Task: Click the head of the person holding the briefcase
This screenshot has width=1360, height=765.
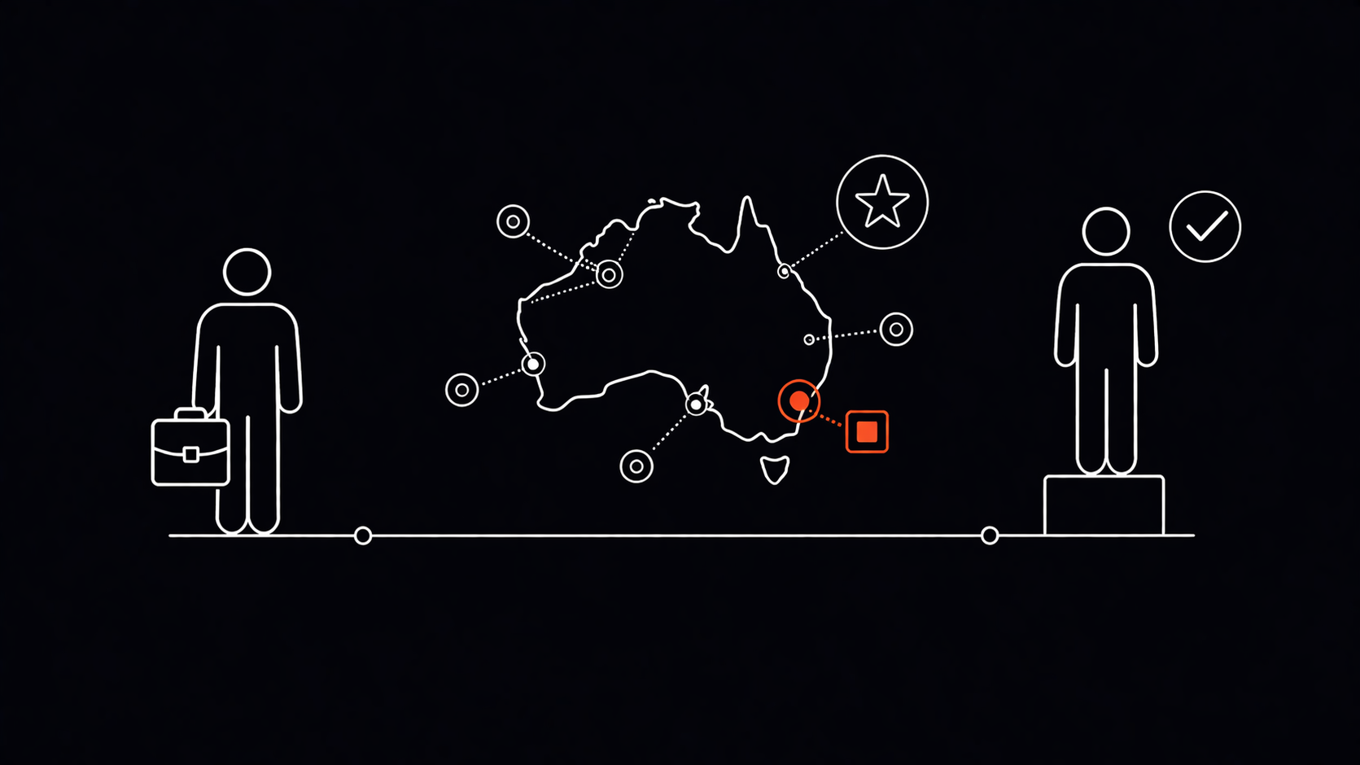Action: pos(247,272)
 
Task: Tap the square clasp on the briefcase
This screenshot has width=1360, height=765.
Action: pos(190,454)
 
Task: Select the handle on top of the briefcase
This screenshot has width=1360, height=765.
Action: pos(190,413)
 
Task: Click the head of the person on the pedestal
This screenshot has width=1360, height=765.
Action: pos(1105,231)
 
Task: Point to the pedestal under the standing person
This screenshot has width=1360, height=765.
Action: pos(1104,505)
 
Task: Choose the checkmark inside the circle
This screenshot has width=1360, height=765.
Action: pos(1205,227)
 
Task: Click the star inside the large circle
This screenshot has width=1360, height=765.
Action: pos(882,202)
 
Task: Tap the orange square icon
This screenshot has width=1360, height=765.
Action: pos(867,431)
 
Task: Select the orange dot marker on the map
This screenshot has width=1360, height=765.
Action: pos(799,400)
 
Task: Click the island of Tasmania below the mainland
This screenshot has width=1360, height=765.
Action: pos(774,470)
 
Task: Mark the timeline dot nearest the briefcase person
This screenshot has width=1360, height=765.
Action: pos(363,535)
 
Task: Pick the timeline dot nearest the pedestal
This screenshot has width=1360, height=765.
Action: pos(990,535)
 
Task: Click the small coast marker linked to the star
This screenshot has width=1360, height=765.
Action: pos(784,271)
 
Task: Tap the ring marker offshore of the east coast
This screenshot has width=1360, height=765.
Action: pos(896,330)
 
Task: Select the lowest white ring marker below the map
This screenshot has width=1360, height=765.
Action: pos(636,466)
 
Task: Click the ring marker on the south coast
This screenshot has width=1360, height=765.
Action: pos(696,404)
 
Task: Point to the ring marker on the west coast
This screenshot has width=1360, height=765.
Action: pos(533,364)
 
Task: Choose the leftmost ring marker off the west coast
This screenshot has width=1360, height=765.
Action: pos(461,390)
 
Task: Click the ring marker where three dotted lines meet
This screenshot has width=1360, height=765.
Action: pos(609,275)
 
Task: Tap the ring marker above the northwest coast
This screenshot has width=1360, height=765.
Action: pos(513,221)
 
